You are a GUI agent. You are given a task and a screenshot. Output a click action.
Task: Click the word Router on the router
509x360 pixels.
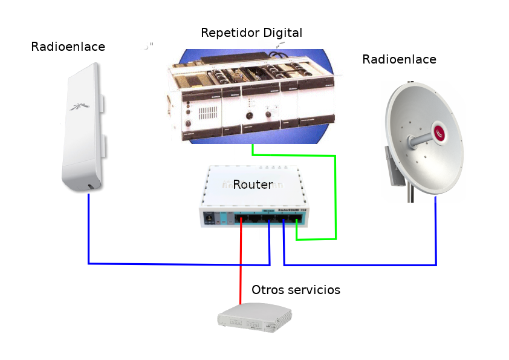(x=253, y=185)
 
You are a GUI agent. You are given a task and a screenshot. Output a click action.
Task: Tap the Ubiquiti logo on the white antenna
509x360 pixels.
(x=79, y=107)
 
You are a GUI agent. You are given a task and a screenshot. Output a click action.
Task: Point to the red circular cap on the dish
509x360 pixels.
(x=440, y=132)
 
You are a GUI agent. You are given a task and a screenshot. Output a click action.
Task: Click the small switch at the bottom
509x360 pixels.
(x=254, y=318)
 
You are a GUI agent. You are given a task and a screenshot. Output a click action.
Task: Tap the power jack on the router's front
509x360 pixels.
(x=210, y=217)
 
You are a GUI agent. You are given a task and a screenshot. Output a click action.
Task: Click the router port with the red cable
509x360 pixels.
(x=242, y=219)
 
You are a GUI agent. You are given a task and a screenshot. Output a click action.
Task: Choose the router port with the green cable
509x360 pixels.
(x=297, y=219)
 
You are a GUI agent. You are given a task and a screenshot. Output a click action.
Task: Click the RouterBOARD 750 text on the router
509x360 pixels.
(x=290, y=210)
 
